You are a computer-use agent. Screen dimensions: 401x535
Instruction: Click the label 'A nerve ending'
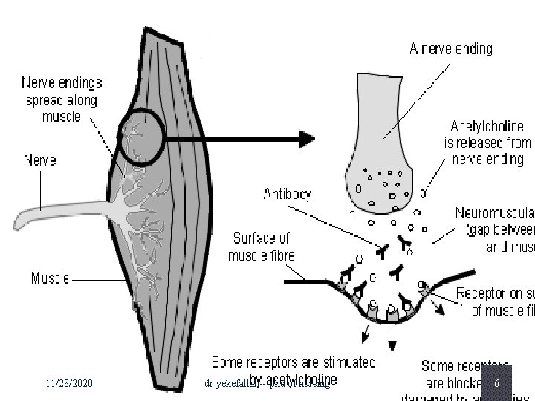(450, 50)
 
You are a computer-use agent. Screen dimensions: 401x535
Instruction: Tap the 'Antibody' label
(287, 195)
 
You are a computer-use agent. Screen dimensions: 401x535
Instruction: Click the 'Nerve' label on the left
(39, 160)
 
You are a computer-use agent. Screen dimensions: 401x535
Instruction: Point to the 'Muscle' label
(50, 278)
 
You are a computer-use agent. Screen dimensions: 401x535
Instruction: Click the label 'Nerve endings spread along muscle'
(62, 100)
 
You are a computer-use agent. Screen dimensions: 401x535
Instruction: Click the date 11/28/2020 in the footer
(68, 383)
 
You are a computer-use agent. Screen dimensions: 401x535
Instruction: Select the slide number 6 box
(496, 383)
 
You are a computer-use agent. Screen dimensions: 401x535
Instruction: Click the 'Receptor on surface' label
(495, 301)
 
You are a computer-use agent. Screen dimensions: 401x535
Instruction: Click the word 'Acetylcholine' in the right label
(487, 127)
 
